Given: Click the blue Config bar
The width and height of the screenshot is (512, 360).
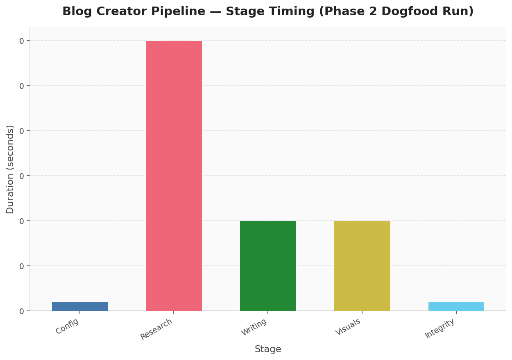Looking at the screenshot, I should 80,306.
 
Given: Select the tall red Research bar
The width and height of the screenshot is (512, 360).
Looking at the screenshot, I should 174,176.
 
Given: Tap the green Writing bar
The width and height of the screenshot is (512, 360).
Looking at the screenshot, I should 268,266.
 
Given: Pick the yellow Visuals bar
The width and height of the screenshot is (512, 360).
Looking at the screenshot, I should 362,266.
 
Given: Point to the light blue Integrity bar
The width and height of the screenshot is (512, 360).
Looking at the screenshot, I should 456,306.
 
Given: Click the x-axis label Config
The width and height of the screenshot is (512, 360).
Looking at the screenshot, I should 68,326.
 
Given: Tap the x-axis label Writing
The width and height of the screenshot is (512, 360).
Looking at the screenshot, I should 254,327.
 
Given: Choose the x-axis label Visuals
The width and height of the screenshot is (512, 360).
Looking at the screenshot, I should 349,327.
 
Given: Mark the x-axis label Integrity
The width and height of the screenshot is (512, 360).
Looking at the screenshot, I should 440,328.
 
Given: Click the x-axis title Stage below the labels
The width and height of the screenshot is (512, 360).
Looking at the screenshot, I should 268,349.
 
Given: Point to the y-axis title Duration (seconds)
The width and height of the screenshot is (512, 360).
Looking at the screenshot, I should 10,169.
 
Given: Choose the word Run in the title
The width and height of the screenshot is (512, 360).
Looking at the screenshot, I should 459,11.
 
